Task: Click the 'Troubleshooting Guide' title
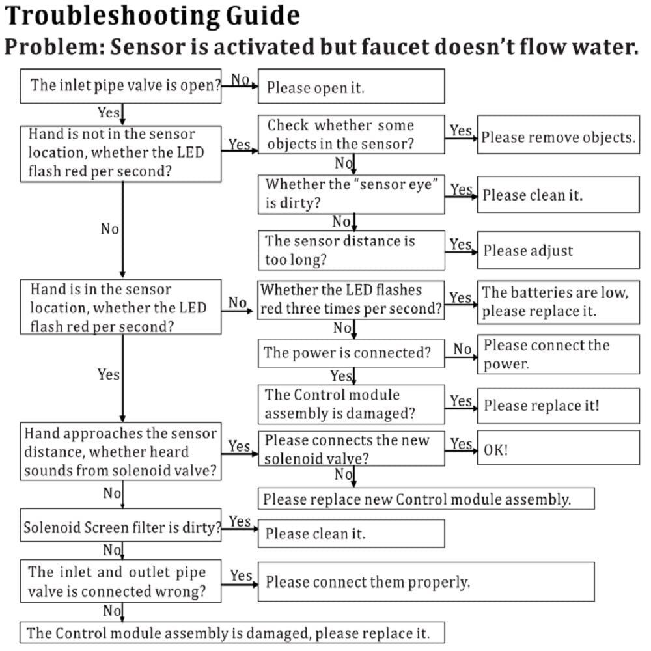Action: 152,16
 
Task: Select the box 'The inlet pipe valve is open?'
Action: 121,86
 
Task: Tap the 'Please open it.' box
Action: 352,87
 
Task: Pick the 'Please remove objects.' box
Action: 559,135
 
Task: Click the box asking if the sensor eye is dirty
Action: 352,194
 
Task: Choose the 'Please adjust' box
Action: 559,250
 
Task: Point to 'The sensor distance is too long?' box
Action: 352,251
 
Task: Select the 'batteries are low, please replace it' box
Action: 559,302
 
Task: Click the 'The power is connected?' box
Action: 352,353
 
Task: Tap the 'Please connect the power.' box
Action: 559,354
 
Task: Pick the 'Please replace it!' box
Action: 559,406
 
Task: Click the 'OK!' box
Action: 559,448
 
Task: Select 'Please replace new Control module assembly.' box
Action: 426,499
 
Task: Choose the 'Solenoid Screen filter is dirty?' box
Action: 121,525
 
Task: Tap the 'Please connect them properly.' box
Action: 426,581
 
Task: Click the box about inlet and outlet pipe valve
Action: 121,581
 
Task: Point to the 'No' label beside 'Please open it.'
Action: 240,79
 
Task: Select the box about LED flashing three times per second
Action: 352,300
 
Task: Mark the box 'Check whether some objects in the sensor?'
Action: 352,135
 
